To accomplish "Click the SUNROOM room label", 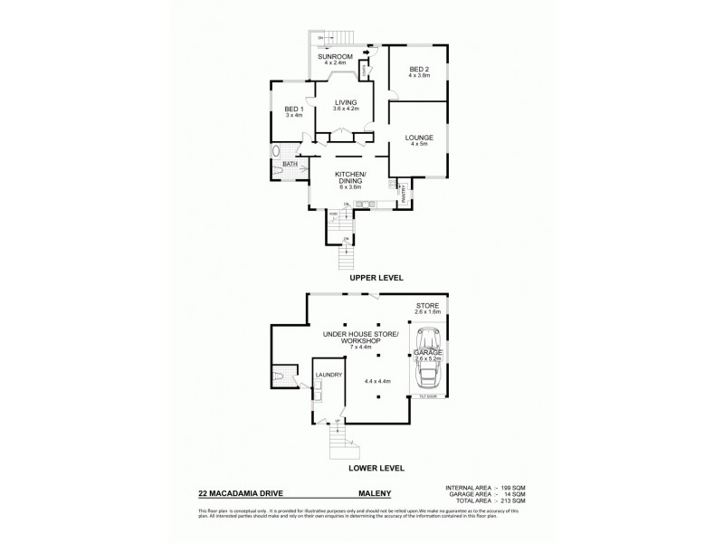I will point(334,56).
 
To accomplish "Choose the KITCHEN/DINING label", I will point(349,176).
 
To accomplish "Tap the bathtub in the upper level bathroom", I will point(276,151).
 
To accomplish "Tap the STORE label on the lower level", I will point(427,307).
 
